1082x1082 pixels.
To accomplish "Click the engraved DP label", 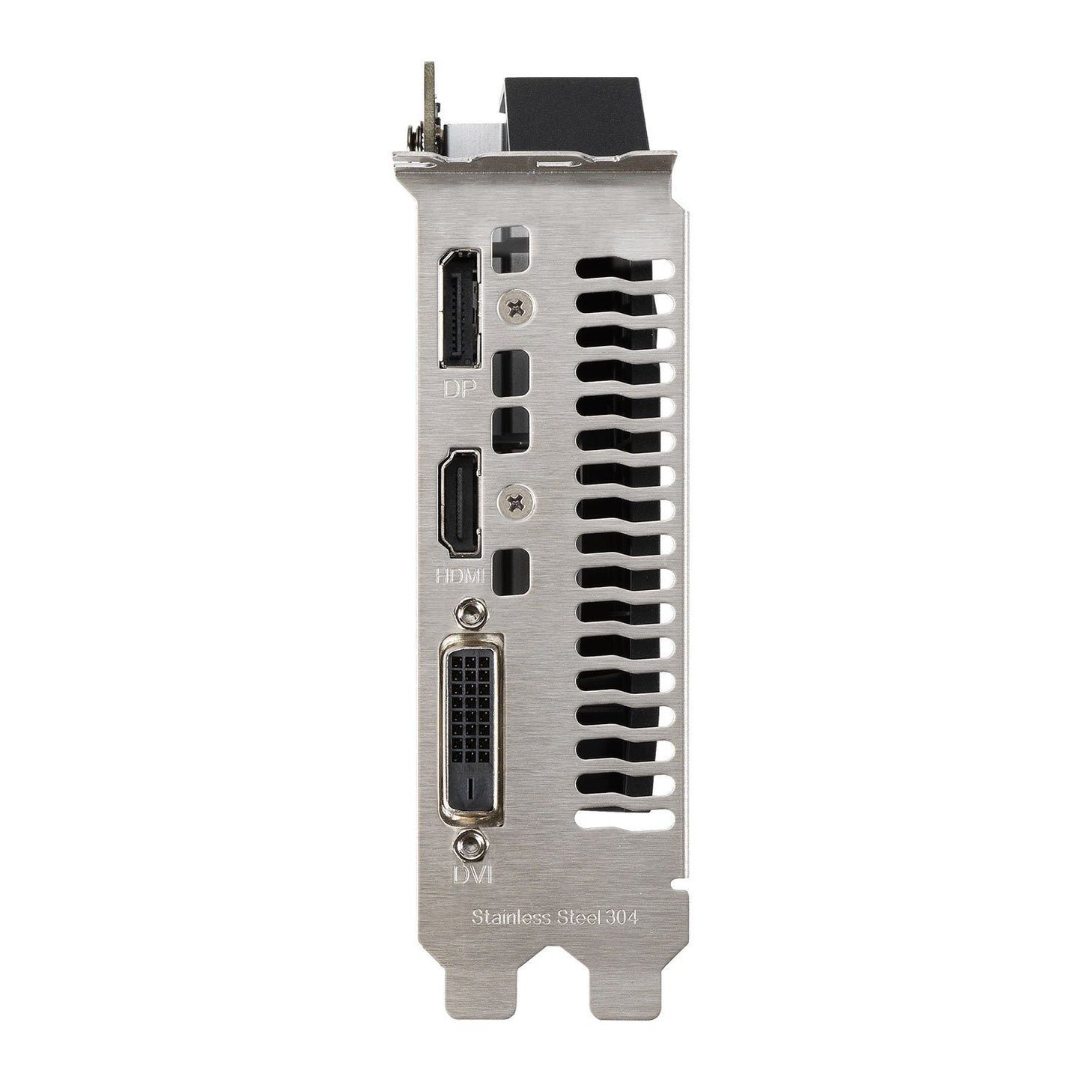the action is click(460, 389).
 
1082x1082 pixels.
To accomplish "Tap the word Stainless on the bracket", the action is click(506, 934).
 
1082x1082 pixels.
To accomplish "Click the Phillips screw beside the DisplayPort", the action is click(515, 307).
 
